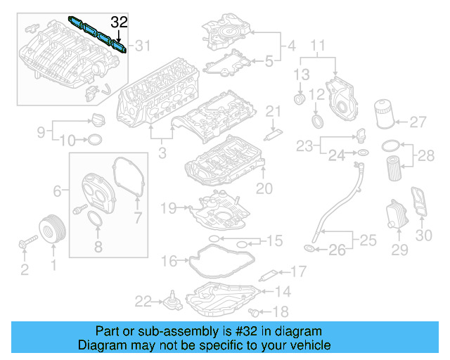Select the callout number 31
point(143,46)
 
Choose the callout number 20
point(263,188)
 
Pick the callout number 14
point(282,291)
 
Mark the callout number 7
point(138,219)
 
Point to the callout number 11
point(318,48)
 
